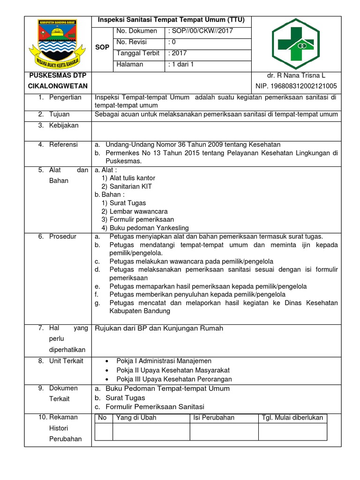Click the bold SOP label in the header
[x=102, y=48]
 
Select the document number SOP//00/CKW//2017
[x=200, y=31]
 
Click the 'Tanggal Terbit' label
[x=138, y=53]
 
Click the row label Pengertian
[x=65, y=97]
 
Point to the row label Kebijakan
[x=64, y=126]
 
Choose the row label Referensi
[x=64, y=145]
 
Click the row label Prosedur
[x=63, y=237]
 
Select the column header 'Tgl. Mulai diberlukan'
[x=292, y=418]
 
